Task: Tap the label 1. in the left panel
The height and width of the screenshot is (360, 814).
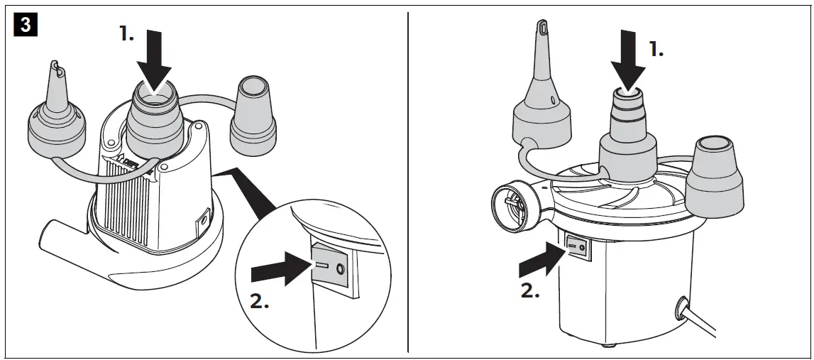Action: click(126, 34)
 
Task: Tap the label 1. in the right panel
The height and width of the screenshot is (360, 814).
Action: click(656, 50)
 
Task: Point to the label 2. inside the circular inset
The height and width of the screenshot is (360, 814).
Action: click(260, 300)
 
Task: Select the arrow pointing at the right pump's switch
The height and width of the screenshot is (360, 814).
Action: click(539, 258)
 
